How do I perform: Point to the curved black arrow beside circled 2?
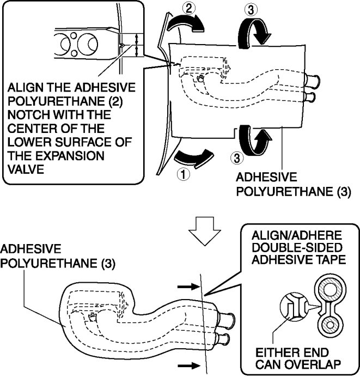[186, 23]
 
